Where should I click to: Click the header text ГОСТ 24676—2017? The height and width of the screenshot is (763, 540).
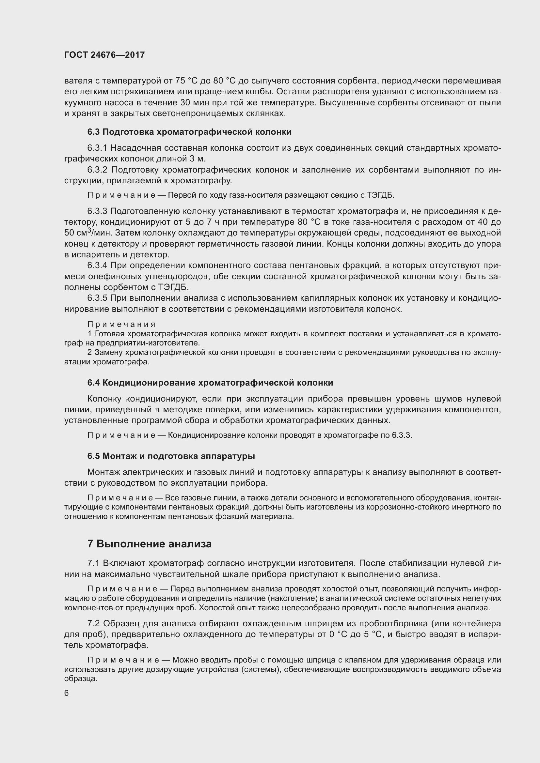[x=104, y=55]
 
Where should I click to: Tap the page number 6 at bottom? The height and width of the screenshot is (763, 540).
[x=67, y=693]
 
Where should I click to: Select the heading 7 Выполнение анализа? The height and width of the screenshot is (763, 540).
[x=149, y=544]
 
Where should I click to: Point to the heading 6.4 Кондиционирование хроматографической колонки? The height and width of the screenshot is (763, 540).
[x=210, y=383]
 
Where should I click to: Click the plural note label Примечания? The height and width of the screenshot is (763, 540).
[x=121, y=324]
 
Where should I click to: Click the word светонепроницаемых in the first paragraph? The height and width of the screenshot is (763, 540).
[x=198, y=113]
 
